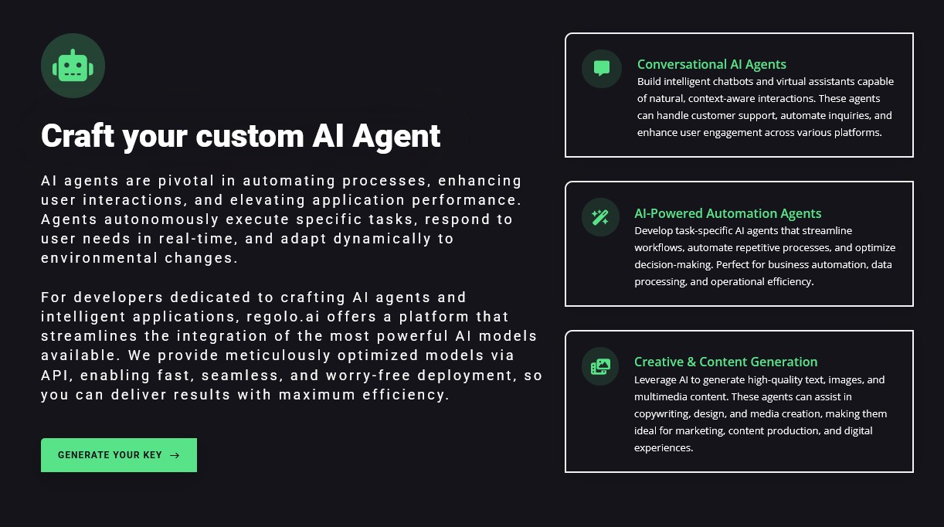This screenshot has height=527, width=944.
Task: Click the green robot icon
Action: click(x=73, y=66)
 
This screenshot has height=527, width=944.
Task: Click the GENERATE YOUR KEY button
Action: click(x=119, y=455)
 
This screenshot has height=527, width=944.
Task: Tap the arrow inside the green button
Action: click(x=175, y=455)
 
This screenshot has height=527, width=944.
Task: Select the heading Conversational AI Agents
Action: click(x=711, y=64)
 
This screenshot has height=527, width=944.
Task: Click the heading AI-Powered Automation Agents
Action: click(x=728, y=213)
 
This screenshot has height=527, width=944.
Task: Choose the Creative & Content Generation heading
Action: click(x=725, y=362)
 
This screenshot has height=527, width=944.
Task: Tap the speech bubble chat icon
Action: click(x=601, y=68)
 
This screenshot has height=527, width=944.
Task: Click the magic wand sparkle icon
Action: click(x=600, y=218)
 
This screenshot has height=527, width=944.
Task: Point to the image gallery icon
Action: click(x=600, y=366)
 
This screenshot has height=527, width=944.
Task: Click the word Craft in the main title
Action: click(x=77, y=136)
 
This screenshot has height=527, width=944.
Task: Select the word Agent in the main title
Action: click(x=396, y=136)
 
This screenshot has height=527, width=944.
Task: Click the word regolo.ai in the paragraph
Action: click(x=284, y=317)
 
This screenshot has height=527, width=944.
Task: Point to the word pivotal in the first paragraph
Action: click(x=186, y=181)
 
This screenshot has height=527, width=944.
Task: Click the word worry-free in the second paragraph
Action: click(x=368, y=375)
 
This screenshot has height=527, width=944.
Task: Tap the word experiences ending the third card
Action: click(x=664, y=447)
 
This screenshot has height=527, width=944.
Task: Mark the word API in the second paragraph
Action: click(x=55, y=375)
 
